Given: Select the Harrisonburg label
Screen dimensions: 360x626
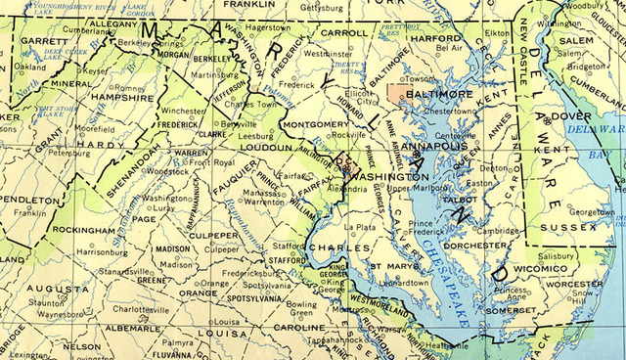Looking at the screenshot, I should [102, 251].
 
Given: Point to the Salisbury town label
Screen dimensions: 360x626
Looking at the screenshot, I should [557, 255].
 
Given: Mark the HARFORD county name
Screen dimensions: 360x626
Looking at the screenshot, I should [435, 38].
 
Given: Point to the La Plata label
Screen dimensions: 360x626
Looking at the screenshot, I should [364, 226].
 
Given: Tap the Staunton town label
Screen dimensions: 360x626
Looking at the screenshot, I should [45, 304].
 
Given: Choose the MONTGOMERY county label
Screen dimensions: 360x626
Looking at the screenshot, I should [314, 125].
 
